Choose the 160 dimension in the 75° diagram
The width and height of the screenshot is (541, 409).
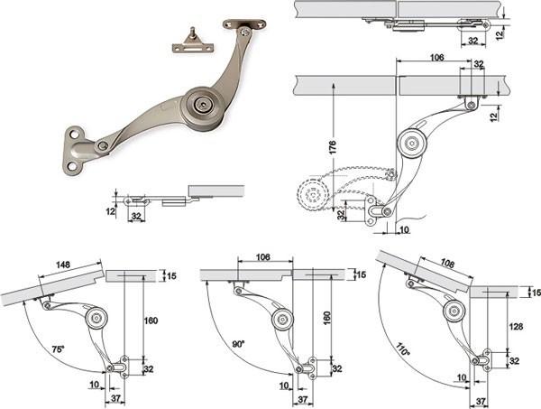click(x=151, y=320)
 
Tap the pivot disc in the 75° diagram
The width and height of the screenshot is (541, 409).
click(x=96, y=318)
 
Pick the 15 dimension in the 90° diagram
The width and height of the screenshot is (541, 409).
click(x=362, y=274)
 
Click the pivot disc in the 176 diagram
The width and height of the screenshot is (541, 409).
click(x=412, y=141)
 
